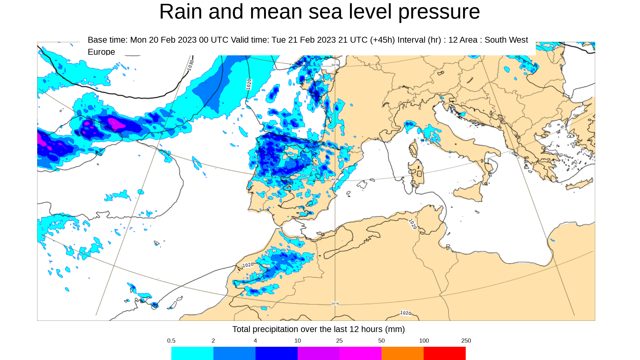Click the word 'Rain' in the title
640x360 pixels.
180,12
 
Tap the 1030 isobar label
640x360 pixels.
191,65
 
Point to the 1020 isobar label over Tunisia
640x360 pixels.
413,224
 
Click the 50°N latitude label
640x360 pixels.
335,65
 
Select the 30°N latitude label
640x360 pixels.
335,303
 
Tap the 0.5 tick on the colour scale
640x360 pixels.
171,341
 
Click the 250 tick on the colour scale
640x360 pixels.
466,341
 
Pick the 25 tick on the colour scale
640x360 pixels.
339,341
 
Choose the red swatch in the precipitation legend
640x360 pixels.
445,353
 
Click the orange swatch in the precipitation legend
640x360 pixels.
402,353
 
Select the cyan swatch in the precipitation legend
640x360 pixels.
192,353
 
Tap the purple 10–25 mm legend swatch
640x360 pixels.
319,353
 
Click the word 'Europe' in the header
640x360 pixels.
101,52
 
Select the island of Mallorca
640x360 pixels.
362,185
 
